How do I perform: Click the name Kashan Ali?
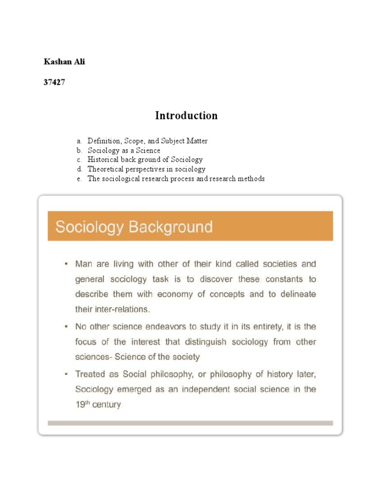[64, 62]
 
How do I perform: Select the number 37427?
[54, 82]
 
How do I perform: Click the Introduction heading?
[186, 116]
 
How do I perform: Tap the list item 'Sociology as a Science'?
[124, 150]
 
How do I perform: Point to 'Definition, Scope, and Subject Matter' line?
[148, 141]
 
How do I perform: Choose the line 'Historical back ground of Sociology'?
[145, 160]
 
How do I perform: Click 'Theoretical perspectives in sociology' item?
[147, 169]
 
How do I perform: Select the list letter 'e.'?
[79, 179]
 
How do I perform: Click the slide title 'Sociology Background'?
[134, 227]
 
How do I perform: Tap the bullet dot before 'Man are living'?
[65, 265]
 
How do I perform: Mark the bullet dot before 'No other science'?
[65, 327]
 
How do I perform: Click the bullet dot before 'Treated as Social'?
[65, 374]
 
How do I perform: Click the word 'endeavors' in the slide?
[184, 327]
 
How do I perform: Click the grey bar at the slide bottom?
[190, 423]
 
